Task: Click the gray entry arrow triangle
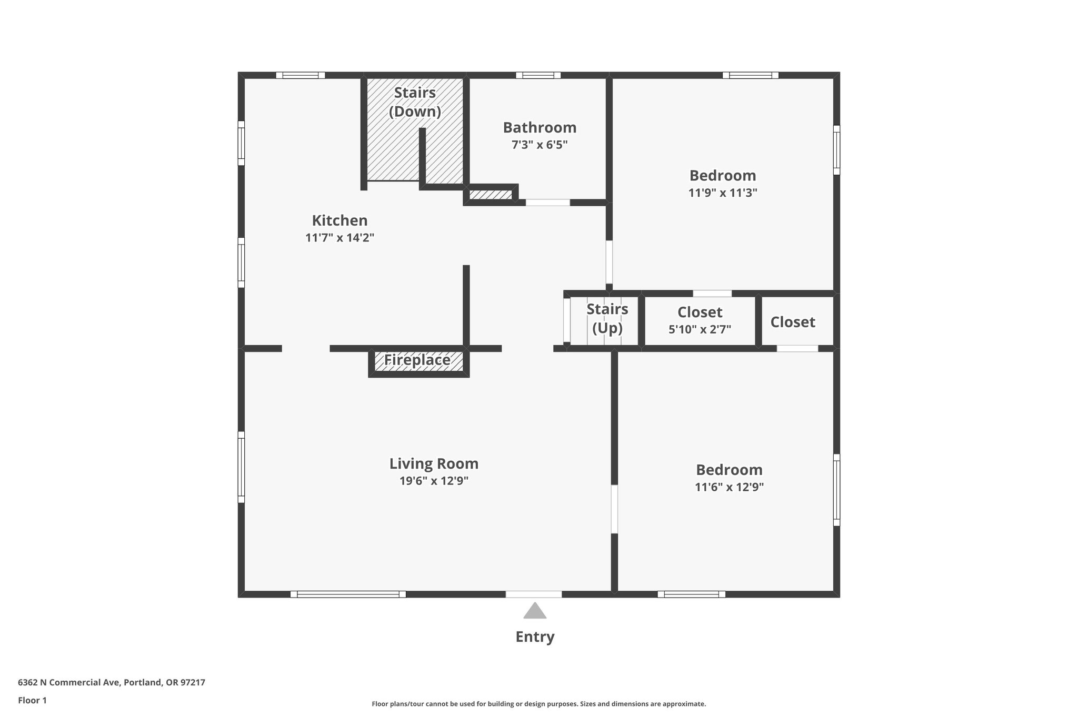[x=534, y=611]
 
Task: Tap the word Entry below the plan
[x=534, y=637]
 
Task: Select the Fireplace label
[x=417, y=360]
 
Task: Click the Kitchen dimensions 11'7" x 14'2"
[x=340, y=238]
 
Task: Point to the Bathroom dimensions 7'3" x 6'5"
[x=540, y=145]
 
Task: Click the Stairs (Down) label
[x=415, y=102]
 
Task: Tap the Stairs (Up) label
[x=607, y=318]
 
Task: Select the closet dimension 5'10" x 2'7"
[x=700, y=330]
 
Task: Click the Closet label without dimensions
[x=792, y=322]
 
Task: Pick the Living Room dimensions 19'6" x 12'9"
[x=434, y=481]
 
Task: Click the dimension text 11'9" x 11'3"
[x=722, y=193]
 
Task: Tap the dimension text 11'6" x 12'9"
[x=729, y=487]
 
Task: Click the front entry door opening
[x=534, y=594]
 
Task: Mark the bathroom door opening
[x=547, y=203]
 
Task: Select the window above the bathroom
[x=538, y=75]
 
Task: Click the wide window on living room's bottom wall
[x=348, y=594]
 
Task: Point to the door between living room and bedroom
[x=614, y=509]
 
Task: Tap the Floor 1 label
[x=32, y=700]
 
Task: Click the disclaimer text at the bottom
[x=538, y=704]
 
